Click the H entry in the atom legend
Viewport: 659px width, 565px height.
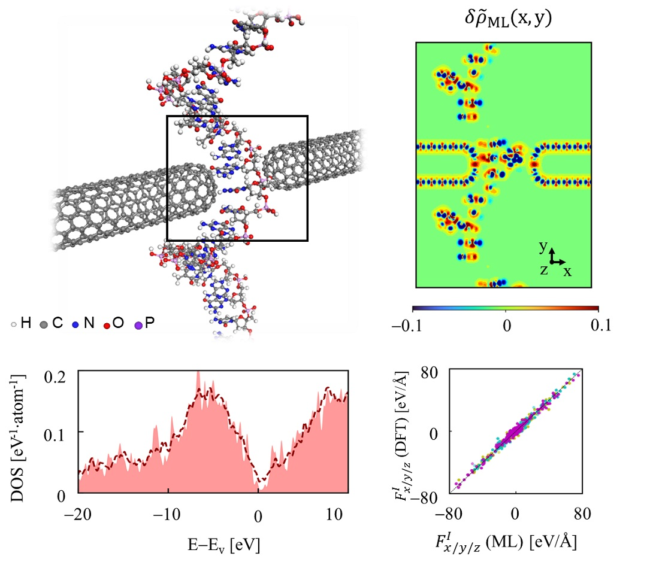(x=26, y=324)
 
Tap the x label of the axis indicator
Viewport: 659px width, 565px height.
(x=567, y=271)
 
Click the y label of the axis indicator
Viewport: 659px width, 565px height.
(x=542, y=245)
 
